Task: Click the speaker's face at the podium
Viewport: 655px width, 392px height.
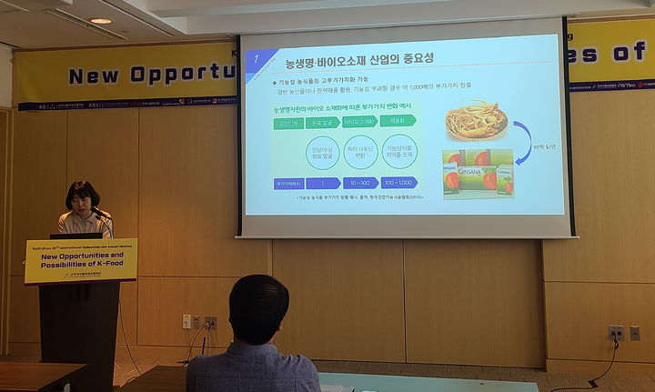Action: click(x=83, y=199)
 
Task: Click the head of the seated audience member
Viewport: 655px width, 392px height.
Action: click(x=259, y=309)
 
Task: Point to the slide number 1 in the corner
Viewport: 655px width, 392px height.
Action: click(x=258, y=59)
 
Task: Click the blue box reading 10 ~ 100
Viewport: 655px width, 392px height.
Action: click(x=360, y=183)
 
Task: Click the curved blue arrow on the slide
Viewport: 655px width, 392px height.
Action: click(x=523, y=141)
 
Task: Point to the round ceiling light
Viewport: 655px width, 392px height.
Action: click(x=100, y=20)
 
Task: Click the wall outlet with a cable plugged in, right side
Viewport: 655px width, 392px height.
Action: click(x=616, y=333)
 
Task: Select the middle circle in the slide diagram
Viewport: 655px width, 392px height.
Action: click(x=360, y=152)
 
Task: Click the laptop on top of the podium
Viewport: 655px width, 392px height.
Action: click(x=76, y=236)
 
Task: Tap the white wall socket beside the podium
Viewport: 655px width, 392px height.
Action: click(x=186, y=321)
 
